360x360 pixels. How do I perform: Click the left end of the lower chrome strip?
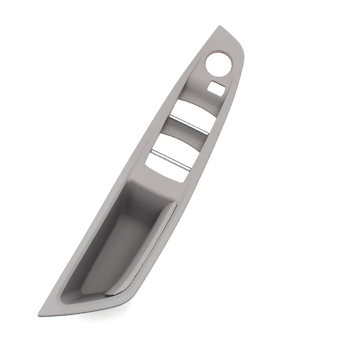pos(152,152)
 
